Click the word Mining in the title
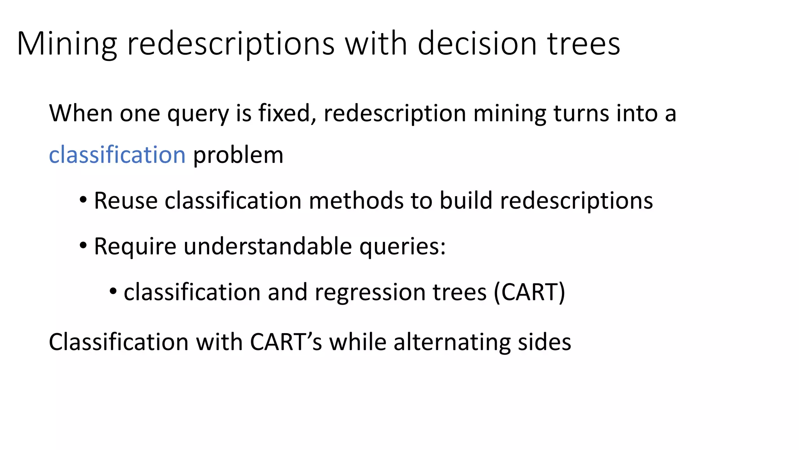(67, 44)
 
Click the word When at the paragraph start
(81, 113)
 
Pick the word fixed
(287, 113)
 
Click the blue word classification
(117, 155)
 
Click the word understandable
(268, 246)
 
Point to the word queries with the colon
(402, 247)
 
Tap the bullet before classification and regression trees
(113, 291)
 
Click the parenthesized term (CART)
(529, 292)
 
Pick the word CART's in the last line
(286, 342)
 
